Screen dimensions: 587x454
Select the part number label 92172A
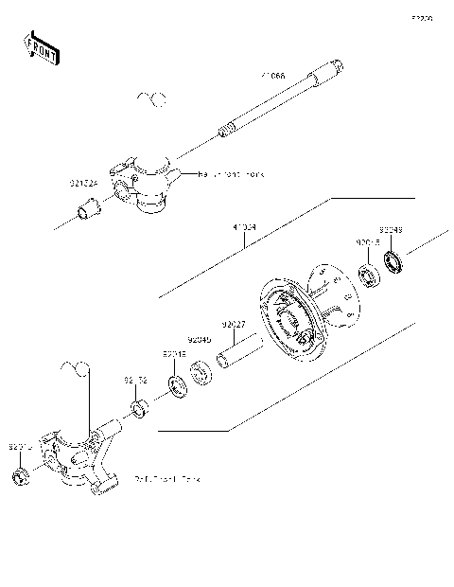click(x=82, y=183)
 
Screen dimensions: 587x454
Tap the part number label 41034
click(x=244, y=228)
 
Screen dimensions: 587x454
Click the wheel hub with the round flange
click(x=298, y=312)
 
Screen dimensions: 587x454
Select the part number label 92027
click(x=235, y=325)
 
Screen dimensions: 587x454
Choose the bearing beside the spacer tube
click(x=201, y=372)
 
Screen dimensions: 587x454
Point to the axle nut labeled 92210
click(x=19, y=473)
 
